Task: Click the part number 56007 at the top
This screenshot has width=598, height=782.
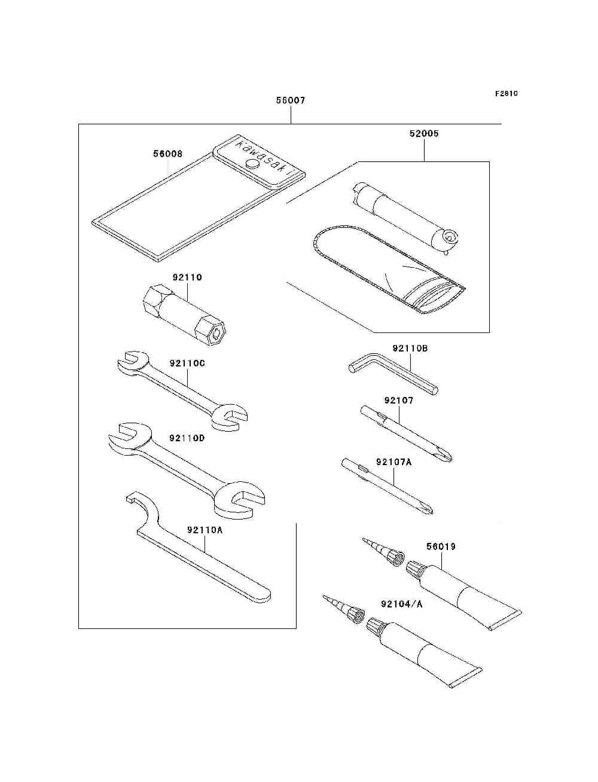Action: click(x=291, y=100)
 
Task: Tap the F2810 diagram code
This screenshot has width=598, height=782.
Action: click(x=506, y=93)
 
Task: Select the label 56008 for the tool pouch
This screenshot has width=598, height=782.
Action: click(x=167, y=154)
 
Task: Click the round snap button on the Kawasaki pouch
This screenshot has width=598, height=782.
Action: click(x=253, y=164)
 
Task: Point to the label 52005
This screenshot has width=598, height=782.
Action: click(x=424, y=133)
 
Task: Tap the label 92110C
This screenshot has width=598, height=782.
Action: click(x=187, y=363)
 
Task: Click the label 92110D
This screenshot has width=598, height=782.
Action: click(x=187, y=438)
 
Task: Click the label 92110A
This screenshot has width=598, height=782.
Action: click(x=205, y=530)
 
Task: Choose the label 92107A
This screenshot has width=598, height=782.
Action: click(x=394, y=462)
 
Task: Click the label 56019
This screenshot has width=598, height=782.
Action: click(x=441, y=546)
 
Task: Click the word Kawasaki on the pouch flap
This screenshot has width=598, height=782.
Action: click(x=263, y=158)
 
